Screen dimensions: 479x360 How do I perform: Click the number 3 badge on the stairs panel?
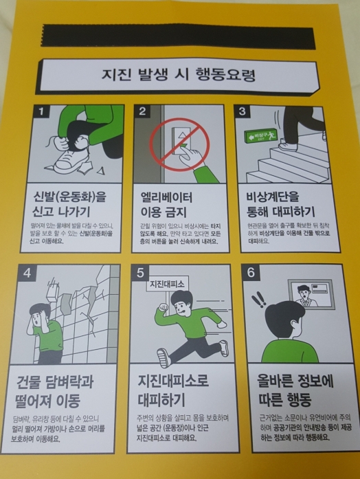tap(242, 111)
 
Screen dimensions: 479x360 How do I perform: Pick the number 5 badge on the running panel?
tap(140, 272)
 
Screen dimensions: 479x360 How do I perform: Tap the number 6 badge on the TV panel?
tap(250, 272)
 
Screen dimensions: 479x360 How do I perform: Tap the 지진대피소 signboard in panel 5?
tap(166, 283)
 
